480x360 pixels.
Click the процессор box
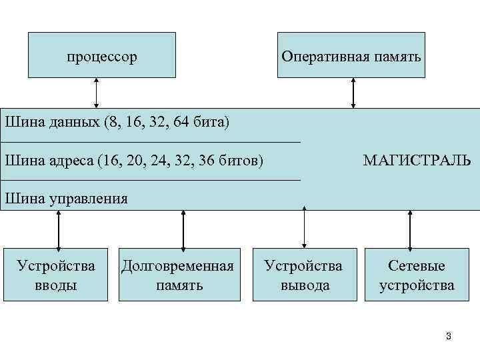[x=102, y=55]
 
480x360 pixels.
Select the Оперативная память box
[x=351, y=55]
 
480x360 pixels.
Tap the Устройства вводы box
[x=56, y=275]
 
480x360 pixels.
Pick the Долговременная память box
[x=179, y=275]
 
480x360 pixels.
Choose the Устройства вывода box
[x=303, y=275]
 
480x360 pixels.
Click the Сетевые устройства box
[x=417, y=275]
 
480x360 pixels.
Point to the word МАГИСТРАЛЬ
[x=417, y=161]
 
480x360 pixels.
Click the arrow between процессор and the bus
[x=97, y=93]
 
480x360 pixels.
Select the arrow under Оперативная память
[x=353, y=93]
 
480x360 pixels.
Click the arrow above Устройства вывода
[x=305, y=228]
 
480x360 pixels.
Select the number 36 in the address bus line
[x=208, y=161]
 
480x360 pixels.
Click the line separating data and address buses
[x=151, y=142]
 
